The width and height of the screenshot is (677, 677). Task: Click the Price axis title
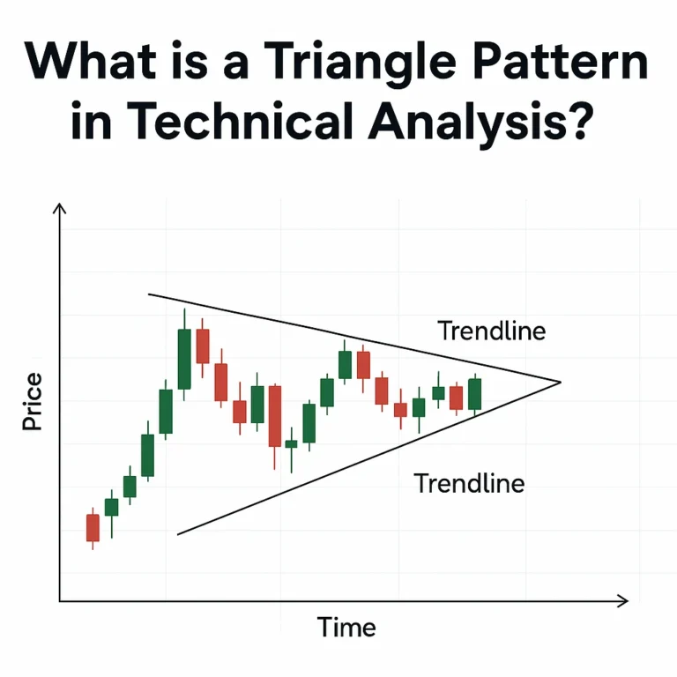coord(33,402)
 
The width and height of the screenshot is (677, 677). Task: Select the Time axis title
coord(346,627)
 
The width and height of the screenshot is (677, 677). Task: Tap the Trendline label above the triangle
coord(491,331)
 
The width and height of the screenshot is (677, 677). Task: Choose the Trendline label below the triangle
coord(468,483)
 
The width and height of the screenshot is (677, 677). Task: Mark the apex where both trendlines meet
coord(560,382)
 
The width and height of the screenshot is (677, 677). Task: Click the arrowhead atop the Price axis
coord(60,208)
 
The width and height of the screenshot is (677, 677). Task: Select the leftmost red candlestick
coord(93,527)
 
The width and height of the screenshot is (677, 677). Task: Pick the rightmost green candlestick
coord(475,394)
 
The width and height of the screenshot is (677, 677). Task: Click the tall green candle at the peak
coord(184,358)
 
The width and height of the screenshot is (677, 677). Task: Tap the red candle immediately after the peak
coord(203,346)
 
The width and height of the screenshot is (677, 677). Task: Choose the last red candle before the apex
coord(456,398)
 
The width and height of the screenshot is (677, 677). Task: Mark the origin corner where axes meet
coord(60,601)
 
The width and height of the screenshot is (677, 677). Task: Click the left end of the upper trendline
coord(149,294)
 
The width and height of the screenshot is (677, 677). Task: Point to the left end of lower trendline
coord(179,533)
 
